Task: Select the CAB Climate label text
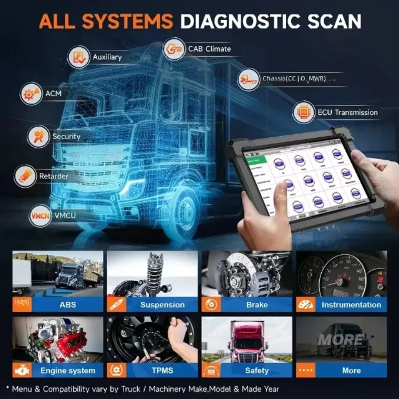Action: pos(209,49)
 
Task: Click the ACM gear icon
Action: pos(31,94)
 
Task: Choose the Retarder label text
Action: pos(54,176)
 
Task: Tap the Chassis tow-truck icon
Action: pos(248,79)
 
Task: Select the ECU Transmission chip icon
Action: pos(304,112)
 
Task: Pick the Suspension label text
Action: pos(162,305)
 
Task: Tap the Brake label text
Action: pos(257,305)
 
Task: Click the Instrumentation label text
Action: pos(351,305)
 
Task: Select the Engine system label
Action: pos(67,371)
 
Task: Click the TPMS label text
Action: pos(162,371)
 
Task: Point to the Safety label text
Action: pos(257,371)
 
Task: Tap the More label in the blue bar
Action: pos(351,371)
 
